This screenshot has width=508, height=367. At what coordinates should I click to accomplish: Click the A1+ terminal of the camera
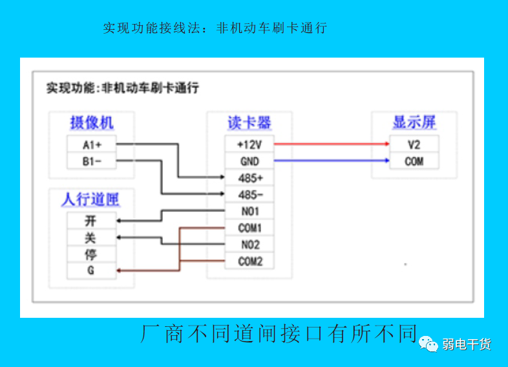pos(92,144)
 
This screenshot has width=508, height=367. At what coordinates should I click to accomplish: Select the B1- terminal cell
pos(92,161)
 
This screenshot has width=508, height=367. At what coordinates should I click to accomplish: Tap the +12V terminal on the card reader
pos(249,144)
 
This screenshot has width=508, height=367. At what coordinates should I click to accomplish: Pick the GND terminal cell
pos(249,161)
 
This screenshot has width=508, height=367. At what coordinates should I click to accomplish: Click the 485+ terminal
pos(249,177)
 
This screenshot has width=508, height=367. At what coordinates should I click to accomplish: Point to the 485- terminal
pos(249,194)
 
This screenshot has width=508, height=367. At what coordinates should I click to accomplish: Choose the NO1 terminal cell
pos(249,211)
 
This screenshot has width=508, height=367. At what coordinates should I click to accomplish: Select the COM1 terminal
pos(249,228)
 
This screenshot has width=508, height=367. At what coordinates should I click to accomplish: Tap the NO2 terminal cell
pos(249,244)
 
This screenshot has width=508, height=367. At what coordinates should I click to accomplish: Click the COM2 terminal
pos(249,261)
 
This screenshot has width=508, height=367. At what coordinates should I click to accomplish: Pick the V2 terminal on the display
pos(414,144)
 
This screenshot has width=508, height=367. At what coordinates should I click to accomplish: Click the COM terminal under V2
pos(414,161)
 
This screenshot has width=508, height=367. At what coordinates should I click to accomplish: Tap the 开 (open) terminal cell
pos(92,221)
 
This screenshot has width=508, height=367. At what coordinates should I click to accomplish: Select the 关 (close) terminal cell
pos(92,238)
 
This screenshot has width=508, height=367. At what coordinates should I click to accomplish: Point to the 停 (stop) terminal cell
pos(92,254)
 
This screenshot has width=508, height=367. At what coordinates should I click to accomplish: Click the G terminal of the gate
pos(92,271)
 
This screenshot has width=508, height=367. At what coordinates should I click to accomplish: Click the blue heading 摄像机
pos(92,123)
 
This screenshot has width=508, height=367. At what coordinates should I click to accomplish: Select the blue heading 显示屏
pos(414,122)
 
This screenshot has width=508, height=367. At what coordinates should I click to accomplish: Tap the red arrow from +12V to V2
pos(332,144)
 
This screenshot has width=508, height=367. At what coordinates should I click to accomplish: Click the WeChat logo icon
pos(429,344)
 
